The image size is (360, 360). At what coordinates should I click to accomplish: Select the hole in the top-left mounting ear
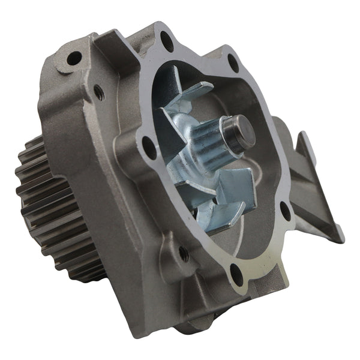[x=74, y=58]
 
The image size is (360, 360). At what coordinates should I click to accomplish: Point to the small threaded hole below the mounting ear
[x=98, y=92]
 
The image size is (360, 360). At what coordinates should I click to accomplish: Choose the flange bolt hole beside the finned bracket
[x=284, y=210]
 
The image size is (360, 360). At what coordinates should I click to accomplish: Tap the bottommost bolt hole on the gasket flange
[x=236, y=275]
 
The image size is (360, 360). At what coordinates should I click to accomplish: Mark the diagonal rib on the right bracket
[x=312, y=198]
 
